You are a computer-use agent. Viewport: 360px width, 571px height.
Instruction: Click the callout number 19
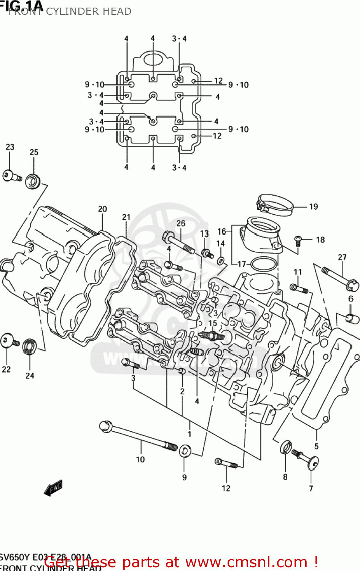click(313, 207)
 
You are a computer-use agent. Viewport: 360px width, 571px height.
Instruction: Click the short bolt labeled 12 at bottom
click(226, 464)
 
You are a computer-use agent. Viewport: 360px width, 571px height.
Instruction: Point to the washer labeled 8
click(286, 448)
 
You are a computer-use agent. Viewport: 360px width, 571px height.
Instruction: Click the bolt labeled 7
click(306, 459)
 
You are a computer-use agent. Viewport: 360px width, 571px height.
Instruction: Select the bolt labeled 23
click(12, 176)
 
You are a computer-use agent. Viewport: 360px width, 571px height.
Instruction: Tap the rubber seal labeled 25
click(33, 180)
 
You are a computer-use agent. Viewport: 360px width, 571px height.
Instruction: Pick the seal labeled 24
click(30, 346)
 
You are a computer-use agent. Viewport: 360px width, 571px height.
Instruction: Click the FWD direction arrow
click(53, 488)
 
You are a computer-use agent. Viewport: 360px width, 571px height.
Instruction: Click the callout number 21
click(126, 217)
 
